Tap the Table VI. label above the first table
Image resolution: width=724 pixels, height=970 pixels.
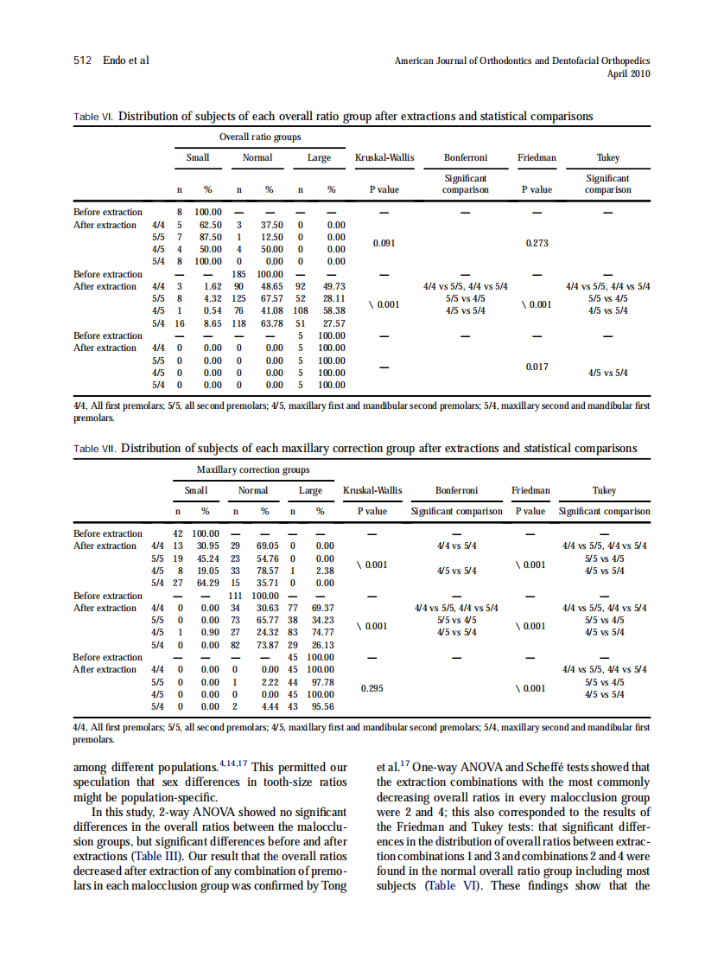click(x=93, y=117)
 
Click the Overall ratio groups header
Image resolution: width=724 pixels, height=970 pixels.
click(x=260, y=137)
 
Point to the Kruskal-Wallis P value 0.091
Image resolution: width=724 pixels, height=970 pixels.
click(x=384, y=243)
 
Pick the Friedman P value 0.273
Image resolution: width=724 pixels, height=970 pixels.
click(x=537, y=243)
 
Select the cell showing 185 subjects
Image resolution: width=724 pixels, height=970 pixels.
click(x=239, y=274)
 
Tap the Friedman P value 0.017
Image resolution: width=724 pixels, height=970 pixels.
click(x=537, y=367)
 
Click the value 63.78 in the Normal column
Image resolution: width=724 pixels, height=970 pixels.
click(x=270, y=323)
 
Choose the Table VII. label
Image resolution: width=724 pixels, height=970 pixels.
click(x=95, y=450)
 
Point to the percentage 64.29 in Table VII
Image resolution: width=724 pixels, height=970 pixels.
click(x=207, y=583)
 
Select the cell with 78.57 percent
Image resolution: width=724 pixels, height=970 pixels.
click(x=265, y=571)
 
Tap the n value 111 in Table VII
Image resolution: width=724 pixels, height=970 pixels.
click(x=235, y=596)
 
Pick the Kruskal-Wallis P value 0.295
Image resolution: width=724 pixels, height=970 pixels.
click(x=372, y=688)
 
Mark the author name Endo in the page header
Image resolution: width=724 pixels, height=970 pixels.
click(x=117, y=61)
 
